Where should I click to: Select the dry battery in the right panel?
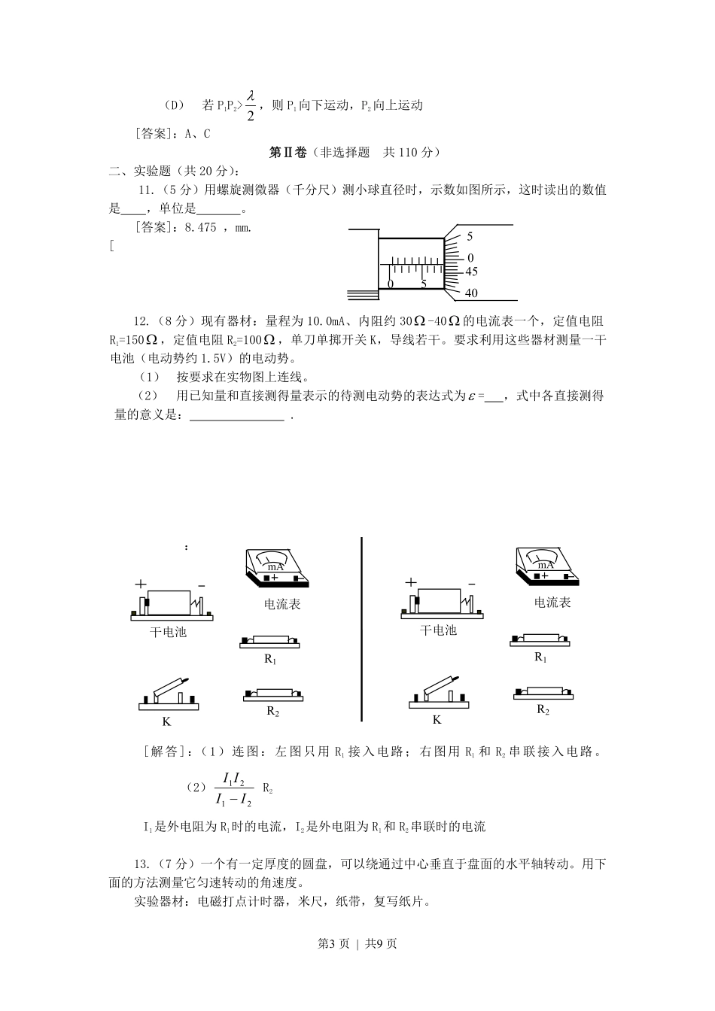pyautogui.click(x=440, y=602)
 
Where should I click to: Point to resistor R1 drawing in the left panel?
pyautogui.click(x=269, y=642)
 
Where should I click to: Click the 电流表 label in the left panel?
pyautogui.click(x=282, y=604)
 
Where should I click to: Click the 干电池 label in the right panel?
pyautogui.click(x=439, y=630)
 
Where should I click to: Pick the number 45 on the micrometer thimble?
pyautogui.click(x=472, y=272)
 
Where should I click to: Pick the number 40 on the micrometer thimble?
pyautogui.click(x=472, y=293)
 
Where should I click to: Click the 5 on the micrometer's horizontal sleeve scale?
pyautogui.click(x=424, y=284)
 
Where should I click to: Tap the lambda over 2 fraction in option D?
pyautogui.click(x=251, y=105)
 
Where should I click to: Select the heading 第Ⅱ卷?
pyautogui.click(x=288, y=152)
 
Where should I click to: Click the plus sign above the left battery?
pyautogui.click(x=141, y=584)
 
